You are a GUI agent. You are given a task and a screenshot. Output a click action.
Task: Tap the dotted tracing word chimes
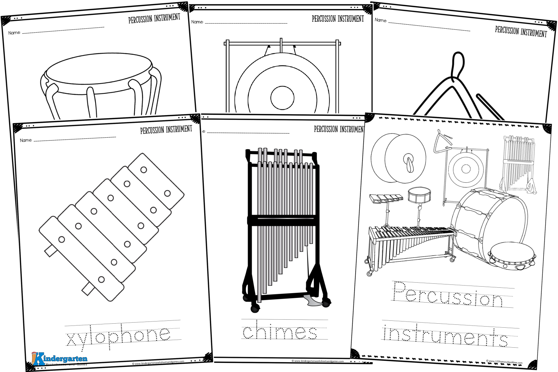[279, 331]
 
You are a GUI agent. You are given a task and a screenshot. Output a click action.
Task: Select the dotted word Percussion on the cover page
[448, 295]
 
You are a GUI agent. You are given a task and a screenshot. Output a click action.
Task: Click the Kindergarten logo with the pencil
[60, 359]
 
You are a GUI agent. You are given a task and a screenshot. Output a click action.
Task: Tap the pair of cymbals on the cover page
[398, 158]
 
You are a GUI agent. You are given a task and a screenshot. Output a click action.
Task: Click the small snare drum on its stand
[419, 196]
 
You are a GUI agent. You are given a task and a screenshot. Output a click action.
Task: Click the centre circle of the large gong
[282, 98]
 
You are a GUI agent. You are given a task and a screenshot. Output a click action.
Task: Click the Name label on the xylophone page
[26, 140]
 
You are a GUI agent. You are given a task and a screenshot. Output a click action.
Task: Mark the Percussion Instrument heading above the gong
[337, 19]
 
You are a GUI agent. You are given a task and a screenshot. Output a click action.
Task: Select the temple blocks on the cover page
[386, 198]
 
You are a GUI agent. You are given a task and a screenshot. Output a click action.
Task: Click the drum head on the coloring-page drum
[98, 71]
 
